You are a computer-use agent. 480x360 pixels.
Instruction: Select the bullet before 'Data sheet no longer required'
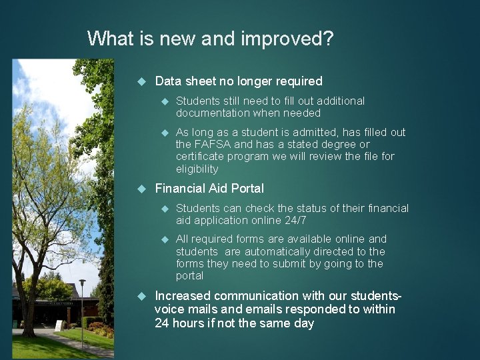click(x=141, y=81)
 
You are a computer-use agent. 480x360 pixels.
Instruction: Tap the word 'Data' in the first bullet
click(x=168, y=81)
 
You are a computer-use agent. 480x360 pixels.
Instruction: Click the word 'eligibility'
click(x=197, y=169)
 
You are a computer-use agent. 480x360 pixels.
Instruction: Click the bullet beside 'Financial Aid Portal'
click(x=141, y=189)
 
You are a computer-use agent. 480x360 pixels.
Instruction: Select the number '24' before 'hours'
click(x=162, y=323)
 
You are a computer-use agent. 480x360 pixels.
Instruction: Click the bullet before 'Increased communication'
click(x=141, y=295)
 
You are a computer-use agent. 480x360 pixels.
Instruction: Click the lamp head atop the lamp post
click(x=82, y=284)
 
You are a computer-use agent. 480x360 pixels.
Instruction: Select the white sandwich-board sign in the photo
click(x=59, y=325)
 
